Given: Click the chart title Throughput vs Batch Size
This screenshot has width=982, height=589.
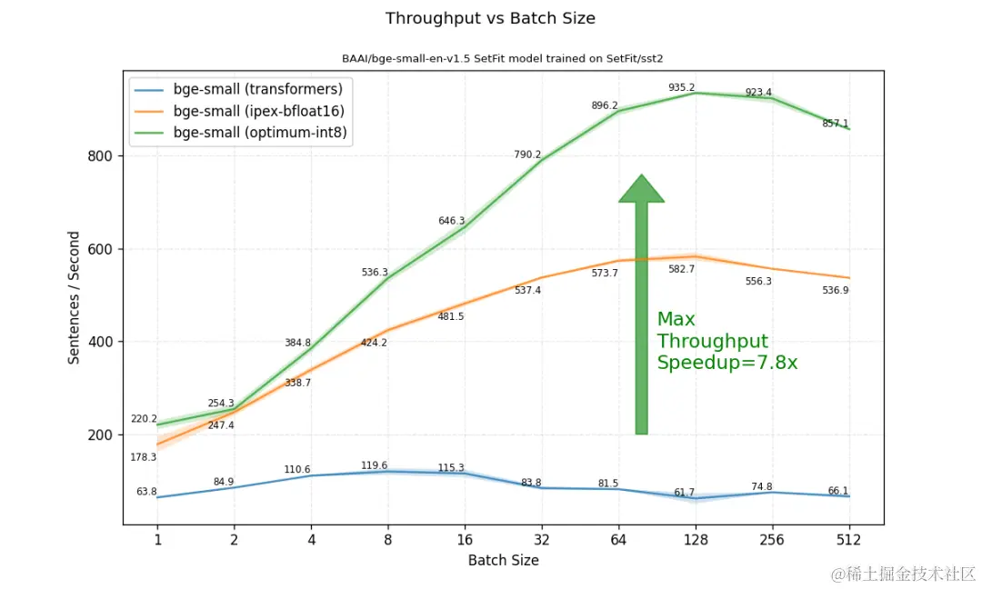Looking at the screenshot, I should (x=490, y=18).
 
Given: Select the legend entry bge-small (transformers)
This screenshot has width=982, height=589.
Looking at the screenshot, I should (x=257, y=89).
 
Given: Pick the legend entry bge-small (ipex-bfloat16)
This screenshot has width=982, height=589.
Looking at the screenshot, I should (x=258, y=111).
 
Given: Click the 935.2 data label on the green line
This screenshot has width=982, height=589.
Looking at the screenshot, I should (x=682, y=87).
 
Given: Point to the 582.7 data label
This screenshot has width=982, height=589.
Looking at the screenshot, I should (x=681, y=269).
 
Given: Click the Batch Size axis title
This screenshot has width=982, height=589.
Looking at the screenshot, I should (x=503, y=560).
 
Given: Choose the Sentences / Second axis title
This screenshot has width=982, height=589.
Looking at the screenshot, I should (x=75, y=297).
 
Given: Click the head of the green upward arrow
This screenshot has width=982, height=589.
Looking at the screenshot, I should (x=642, y=189).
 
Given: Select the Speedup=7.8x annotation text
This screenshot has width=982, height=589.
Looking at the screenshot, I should (x=726, y=363).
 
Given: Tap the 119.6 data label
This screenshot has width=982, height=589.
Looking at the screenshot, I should (x=375, y=465).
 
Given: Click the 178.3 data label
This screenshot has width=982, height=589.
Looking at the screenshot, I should (x=144, y=457).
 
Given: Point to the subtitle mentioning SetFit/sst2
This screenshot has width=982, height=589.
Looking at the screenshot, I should (x=503, y=58).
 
